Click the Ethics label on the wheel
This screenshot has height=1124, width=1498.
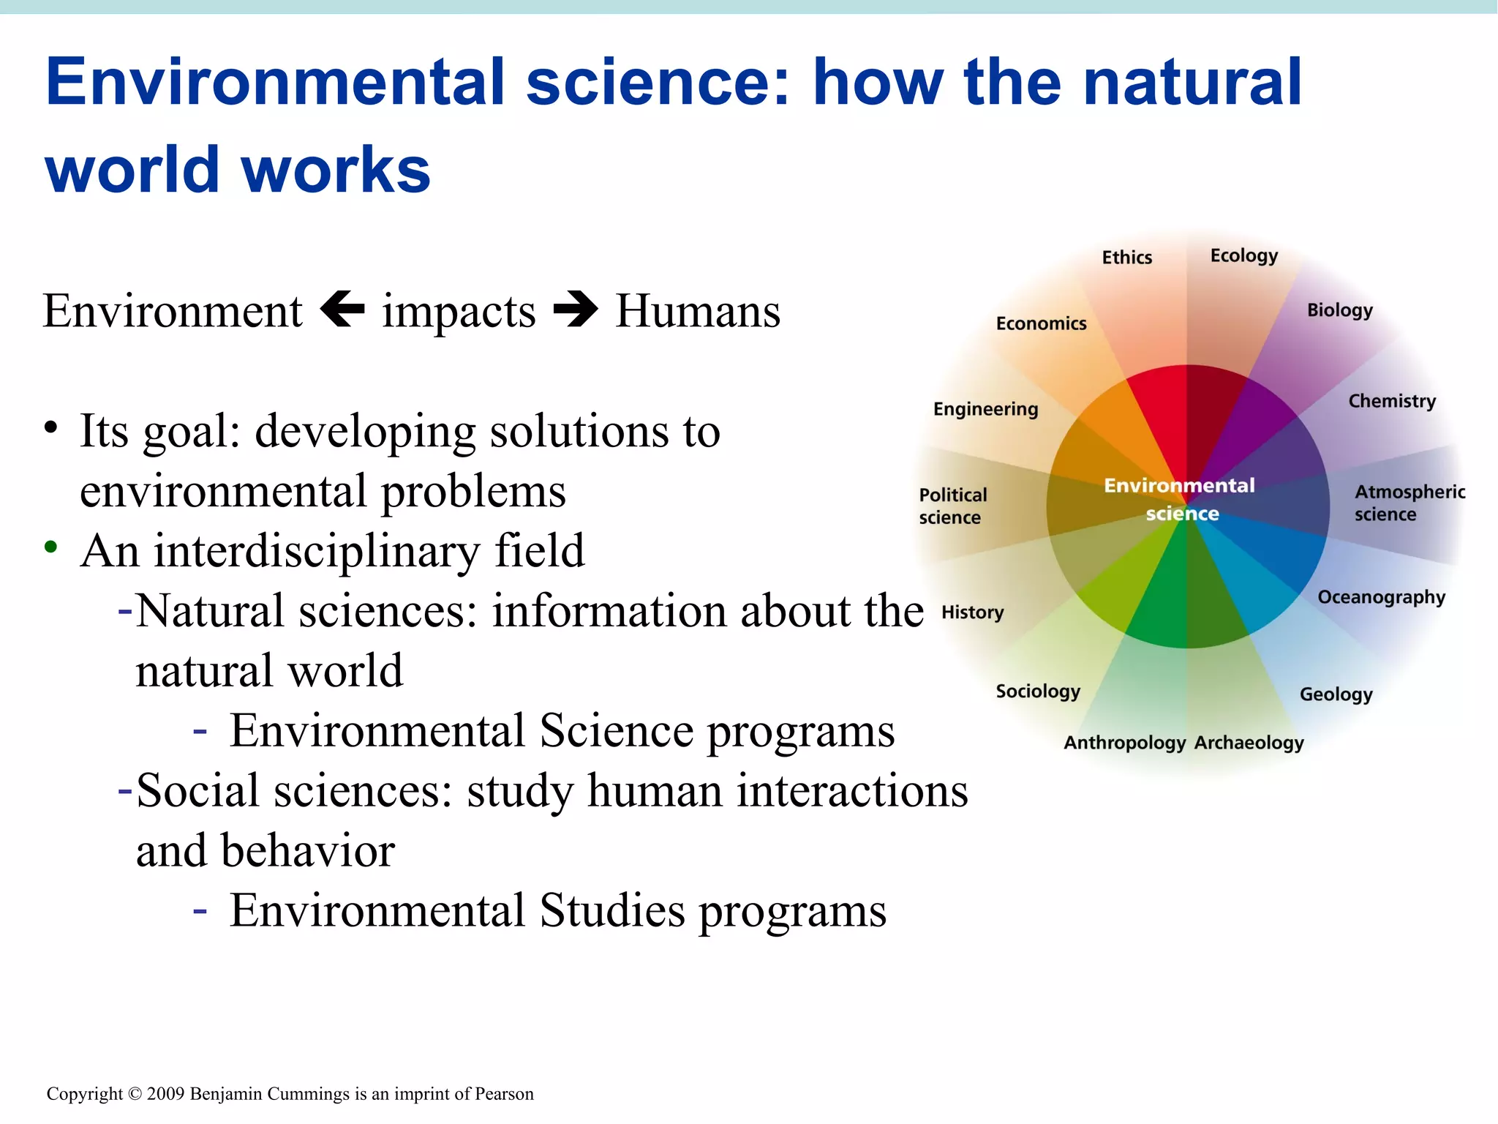(x=1126, y=258)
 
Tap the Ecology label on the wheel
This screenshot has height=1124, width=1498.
(x=1243, y=256)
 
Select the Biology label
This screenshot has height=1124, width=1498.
(x=1339, y=310)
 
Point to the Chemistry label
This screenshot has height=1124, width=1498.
(x=1391, y=401)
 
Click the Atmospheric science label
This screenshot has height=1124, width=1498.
(x=1409, y=503)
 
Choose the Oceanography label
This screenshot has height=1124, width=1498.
(x=1381, y=597)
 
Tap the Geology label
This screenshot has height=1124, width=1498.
(x=1336, y=694)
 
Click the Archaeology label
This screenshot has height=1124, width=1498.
(x=1249, y=743)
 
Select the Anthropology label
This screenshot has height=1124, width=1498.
(x=1124, y=743)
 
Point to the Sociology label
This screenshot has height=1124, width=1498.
(x=1037, y=692)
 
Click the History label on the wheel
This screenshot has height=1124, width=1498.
(x=972, y=612)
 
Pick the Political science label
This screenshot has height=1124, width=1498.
(x=952, y=506)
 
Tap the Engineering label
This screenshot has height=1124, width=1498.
(x=985, y=409)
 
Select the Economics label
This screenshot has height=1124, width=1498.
(x=1041, y=323)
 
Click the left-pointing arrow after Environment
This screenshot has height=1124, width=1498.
(x=343, y=310)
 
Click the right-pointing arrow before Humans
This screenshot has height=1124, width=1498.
(x=576, y=310)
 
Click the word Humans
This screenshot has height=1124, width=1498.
(x=697, y=312)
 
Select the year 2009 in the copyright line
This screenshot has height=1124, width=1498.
(x=166, y=1094)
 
